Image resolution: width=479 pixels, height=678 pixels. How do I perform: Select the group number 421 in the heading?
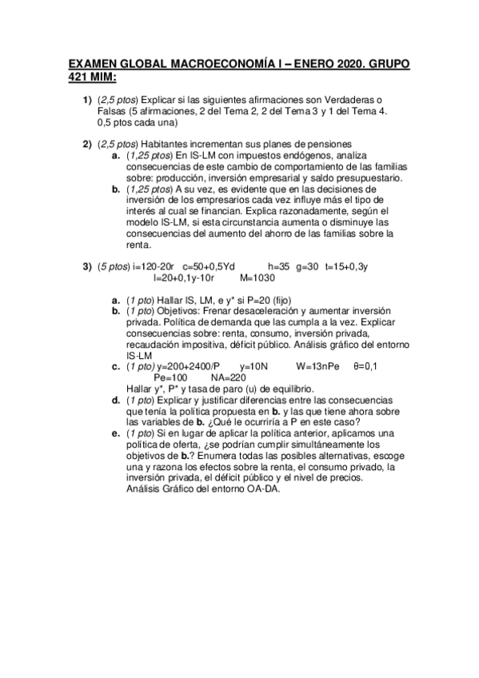(x=81, y=76)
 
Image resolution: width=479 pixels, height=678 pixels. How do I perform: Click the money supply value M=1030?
(x=257, y=278)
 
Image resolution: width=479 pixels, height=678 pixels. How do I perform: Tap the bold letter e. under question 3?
(x=116, y=433)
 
